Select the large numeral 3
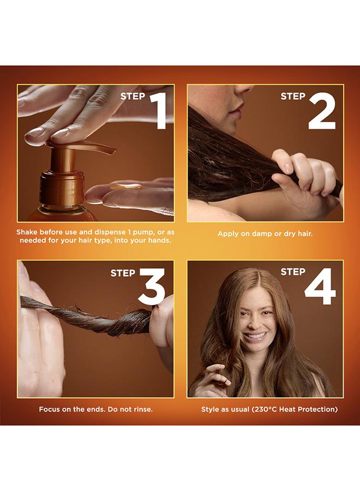pos(152,286)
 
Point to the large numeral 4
pos(320,286)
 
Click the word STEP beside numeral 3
pos(123,273)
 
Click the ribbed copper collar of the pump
pos(62,187)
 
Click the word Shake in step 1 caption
pos(27,232)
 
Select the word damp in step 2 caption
pos(250,234)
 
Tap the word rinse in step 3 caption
pos(142,409)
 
